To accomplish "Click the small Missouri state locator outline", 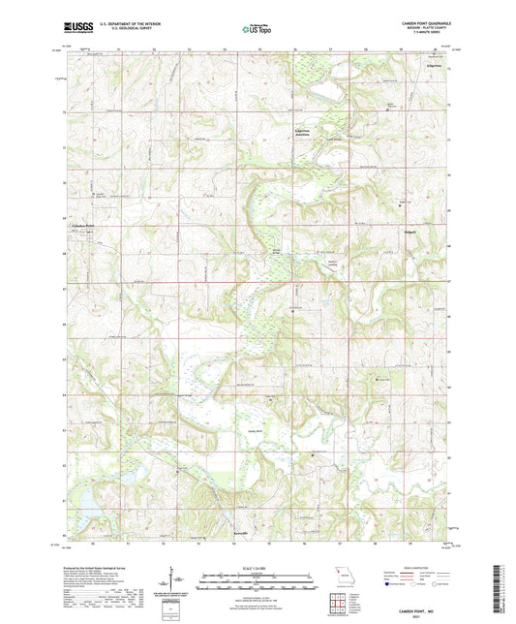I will [x=340, y=573].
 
